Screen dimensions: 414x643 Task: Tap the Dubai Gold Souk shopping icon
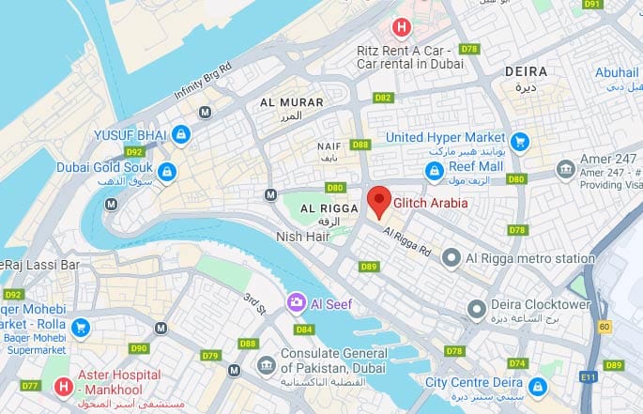[166, 171]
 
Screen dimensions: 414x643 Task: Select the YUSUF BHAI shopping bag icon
[180, 135]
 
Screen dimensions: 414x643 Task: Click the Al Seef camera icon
[295, 302]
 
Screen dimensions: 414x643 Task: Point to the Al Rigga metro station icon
[451, 257]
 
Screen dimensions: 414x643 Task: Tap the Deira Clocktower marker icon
[478, 306]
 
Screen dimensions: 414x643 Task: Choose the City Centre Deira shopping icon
[537, 386]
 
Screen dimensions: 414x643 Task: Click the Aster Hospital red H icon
[64, 385]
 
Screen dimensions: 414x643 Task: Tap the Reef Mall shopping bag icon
[434, 170]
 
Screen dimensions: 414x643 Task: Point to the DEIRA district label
[526, 71]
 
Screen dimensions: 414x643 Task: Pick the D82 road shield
[382, 97]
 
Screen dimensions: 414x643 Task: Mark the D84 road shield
[303, 330]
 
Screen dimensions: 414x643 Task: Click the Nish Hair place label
[302, 237]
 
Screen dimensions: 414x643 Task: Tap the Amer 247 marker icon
[566, 169]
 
